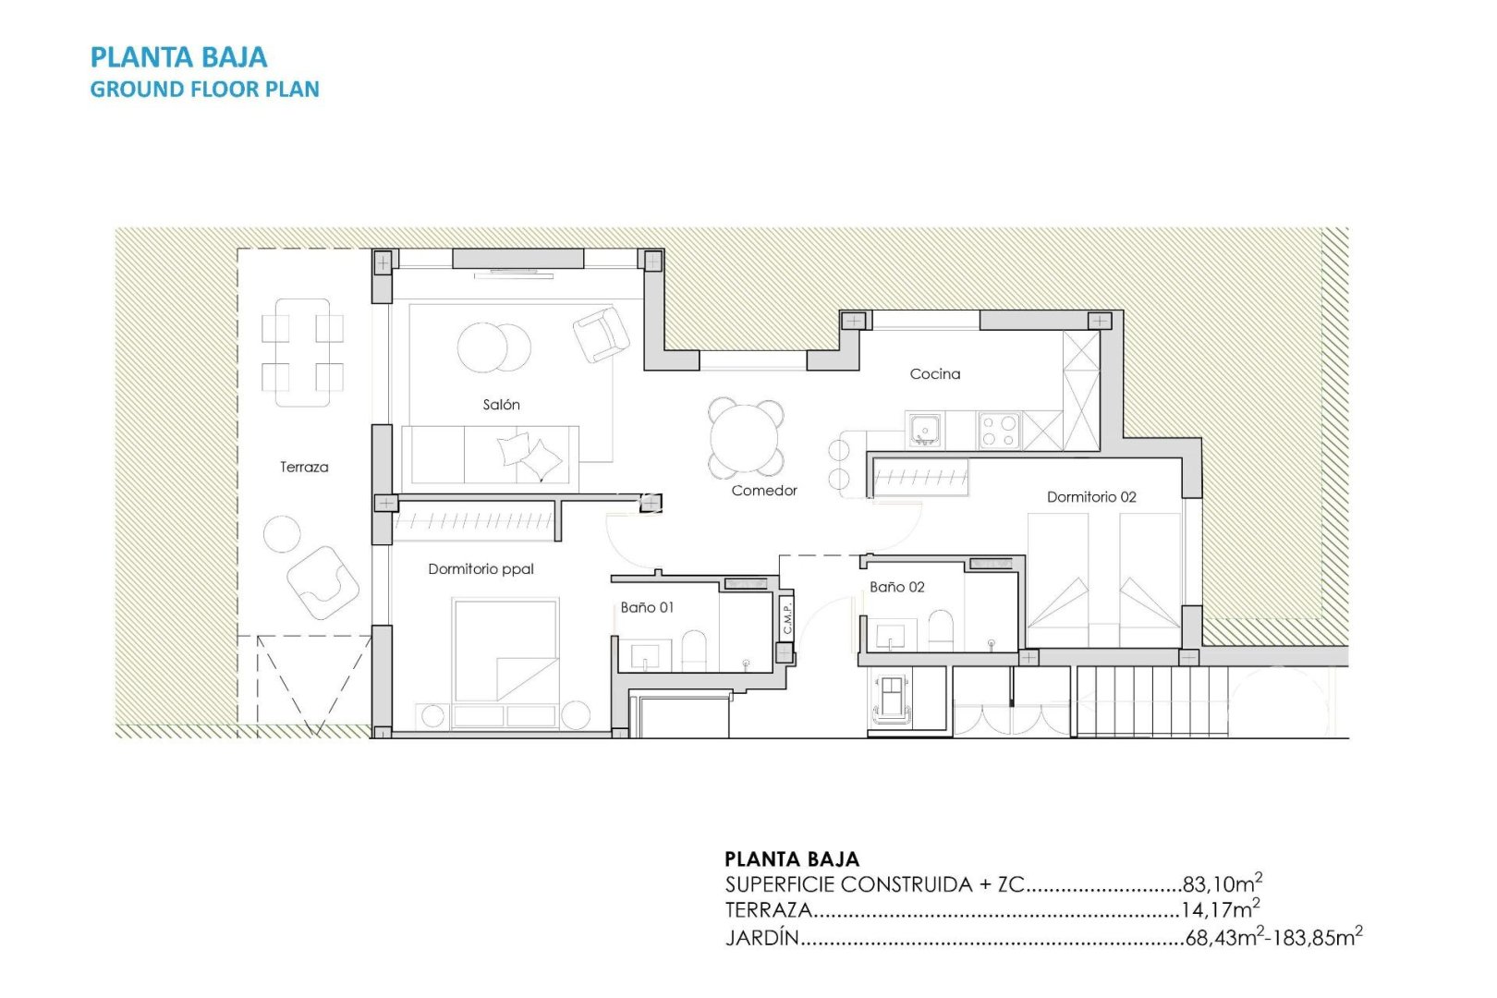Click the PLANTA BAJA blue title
tap(178, 57)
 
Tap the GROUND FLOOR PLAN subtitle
tap(204, 90)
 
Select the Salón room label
tap(501, 405)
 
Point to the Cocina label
tap(934, 374)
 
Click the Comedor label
tap(763, 491)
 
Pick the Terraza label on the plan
tap(304, 468)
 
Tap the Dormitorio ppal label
tap(481, 569)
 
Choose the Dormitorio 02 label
tap(1091, 497)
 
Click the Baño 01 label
tap(647, 607)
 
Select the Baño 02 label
tap(896, 587)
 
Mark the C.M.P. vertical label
tap(786, 616)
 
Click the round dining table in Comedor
tap(746, 438)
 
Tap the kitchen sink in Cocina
tap(924, 430)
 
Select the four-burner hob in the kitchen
tap(999, 430)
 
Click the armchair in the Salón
tap(601, 334)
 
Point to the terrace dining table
tap(302, 352)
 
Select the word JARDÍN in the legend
tap(761, 938)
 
